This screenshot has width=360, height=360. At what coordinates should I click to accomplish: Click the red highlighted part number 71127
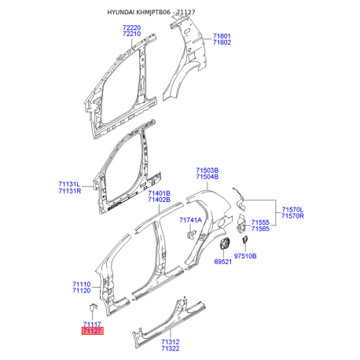tap(93, 331)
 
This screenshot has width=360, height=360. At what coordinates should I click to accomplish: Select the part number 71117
tap(92, 324)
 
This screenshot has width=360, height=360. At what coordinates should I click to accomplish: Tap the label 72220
tap(132, 28)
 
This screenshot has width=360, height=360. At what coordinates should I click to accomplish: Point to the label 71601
tap(222, 36)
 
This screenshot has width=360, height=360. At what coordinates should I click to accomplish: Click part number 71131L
tap(69, 184)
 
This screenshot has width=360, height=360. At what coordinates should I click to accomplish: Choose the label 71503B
tap(208, 171)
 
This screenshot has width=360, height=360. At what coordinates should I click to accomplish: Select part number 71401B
tap(159, 193)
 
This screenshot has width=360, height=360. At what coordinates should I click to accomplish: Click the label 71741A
tap(191, 220)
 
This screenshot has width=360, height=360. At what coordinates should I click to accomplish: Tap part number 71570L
tap(292, 210)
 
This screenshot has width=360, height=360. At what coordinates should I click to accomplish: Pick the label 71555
tap(260, 222)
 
